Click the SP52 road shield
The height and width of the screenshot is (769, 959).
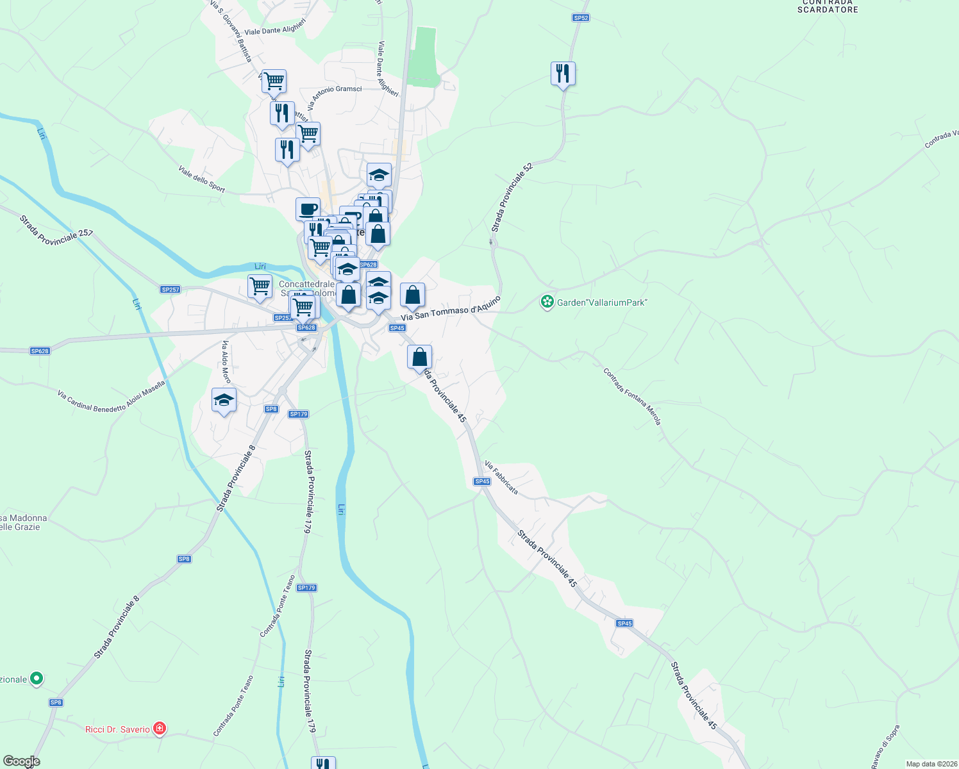[580, 18]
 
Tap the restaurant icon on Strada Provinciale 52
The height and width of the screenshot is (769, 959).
[563, 74]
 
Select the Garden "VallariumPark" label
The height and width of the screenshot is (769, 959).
[602, 302]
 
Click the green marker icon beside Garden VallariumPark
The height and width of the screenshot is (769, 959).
[547, 302]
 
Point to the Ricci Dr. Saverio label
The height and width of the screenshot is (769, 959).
[117, 729]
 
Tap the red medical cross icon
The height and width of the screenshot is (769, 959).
[160, 729]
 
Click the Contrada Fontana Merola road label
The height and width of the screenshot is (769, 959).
[631, 396]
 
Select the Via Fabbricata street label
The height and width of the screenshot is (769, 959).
[501, 477]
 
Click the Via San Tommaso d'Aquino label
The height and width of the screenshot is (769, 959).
[450, 308]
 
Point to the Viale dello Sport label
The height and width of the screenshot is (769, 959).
[202, 179]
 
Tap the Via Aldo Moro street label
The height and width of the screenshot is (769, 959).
[226, 362]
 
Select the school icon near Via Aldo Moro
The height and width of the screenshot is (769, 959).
[224, 401]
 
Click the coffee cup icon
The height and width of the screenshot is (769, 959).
[308, 209]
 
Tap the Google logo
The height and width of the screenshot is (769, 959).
[21, 761]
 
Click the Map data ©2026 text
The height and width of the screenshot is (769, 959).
[931, 764]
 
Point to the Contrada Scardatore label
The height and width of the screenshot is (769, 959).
[828, 6]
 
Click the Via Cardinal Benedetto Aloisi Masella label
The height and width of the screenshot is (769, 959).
[111, 397]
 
